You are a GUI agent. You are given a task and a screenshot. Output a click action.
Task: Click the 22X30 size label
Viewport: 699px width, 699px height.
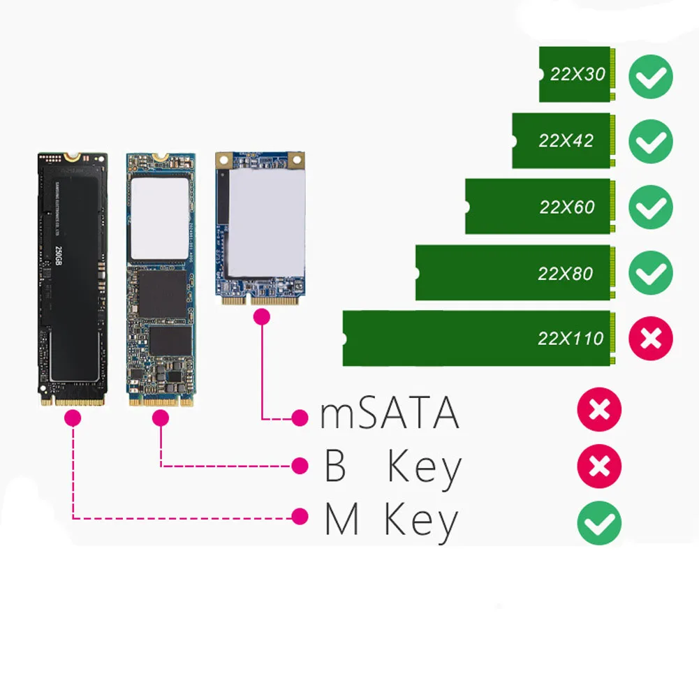[x=577, y=74]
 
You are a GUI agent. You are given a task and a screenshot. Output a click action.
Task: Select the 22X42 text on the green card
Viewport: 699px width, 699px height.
[x=566, y=140]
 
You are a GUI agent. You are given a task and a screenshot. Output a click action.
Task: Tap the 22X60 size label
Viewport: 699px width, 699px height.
[x=566, y=207]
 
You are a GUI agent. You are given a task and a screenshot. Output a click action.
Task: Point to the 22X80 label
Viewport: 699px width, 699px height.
[x=565, y=273]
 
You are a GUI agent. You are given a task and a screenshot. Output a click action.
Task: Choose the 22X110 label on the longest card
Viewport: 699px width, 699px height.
[x=571, y=339]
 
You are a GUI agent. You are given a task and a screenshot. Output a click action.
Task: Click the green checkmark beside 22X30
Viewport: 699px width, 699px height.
[x=651, y=76]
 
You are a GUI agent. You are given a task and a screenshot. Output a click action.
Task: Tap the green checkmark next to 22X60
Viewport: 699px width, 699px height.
[x=651, y=208]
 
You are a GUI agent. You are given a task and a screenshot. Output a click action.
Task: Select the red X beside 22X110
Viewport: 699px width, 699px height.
[x=651, y=339]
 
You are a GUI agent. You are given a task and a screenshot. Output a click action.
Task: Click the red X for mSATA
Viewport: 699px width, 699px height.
[x=599, y=409]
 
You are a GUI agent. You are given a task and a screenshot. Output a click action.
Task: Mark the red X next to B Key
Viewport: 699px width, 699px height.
[x=599, y=466]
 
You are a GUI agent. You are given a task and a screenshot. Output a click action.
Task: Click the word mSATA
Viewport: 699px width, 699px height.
[x=390, y=414]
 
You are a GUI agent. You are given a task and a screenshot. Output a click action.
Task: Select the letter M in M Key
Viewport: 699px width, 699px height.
[x=342, y=522]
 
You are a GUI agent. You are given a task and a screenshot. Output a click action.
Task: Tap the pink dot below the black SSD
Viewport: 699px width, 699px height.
[x=73, y=418]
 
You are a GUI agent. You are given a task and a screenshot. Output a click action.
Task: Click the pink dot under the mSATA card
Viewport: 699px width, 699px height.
[x=263, y=318]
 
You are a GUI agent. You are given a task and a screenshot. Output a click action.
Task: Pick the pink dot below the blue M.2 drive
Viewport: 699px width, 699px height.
[x=161, y=418]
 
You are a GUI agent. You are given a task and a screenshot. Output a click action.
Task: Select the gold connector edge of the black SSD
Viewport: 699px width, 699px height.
[x=72, y=402]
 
